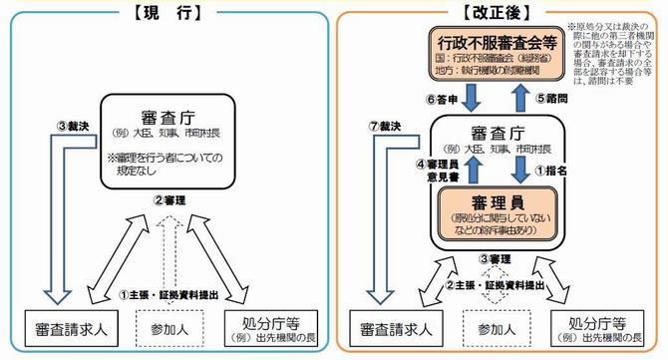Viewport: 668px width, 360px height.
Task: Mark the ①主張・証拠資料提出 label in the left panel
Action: (x=168, y=295)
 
